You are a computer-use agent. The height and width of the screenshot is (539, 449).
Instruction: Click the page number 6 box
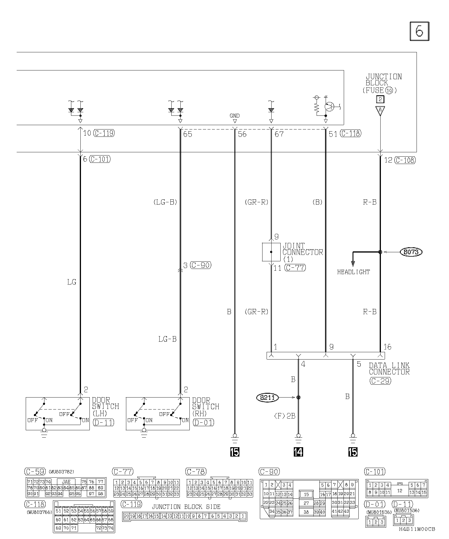click(x=419, y=31)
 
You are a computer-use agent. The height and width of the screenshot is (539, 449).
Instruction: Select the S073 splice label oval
click(x=411, y=252)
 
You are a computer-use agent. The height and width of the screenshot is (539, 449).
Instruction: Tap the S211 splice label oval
click(x=267, y=398)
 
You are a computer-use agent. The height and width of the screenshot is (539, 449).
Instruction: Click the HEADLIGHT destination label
click(x=353, y=272)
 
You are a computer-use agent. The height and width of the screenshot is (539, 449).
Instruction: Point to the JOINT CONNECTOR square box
click(x=271, y=252)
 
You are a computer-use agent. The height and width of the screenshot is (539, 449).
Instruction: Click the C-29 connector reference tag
click(x=380, y=381)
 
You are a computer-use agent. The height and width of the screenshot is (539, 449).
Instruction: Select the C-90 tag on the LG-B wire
click(x=201, y=265)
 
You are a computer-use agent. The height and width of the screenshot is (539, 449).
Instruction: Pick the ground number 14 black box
click(x=298, y=452)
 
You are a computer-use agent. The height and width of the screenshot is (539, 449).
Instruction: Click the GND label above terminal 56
click(x=234, y=116)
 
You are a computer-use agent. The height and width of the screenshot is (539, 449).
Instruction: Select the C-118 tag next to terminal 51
click(x=351, y=133)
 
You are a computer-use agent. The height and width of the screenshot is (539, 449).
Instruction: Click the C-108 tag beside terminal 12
click(x=405, y=160)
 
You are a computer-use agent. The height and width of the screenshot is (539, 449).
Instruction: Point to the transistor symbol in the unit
click(x=330, y=107)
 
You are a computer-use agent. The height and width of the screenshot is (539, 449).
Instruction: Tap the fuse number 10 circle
click(x=389, y=91)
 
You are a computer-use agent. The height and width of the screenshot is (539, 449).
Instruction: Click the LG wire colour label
click(x=72, y=282)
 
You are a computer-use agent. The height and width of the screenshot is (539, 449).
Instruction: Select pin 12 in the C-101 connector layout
click(x=400, y=490)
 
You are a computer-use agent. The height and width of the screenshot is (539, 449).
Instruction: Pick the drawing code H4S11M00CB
click(x=417, y=529)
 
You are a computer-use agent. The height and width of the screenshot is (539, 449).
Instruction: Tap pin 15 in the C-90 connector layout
click(x=306, y=495)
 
